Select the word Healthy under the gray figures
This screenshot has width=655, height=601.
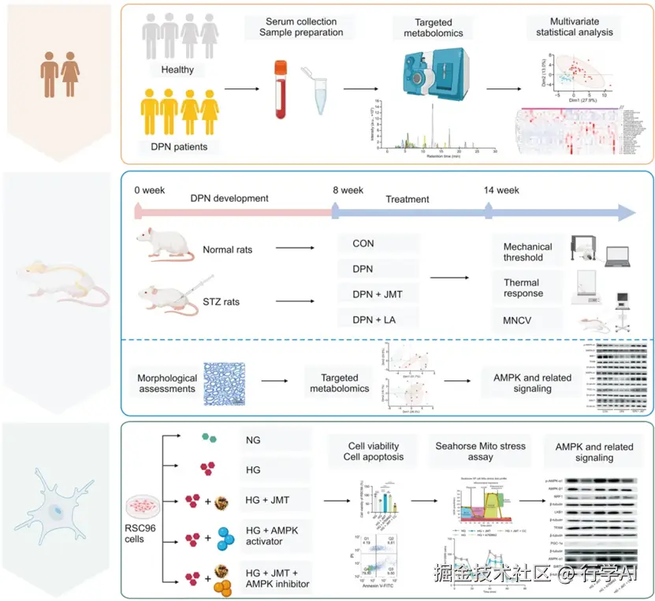point(177,69)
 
